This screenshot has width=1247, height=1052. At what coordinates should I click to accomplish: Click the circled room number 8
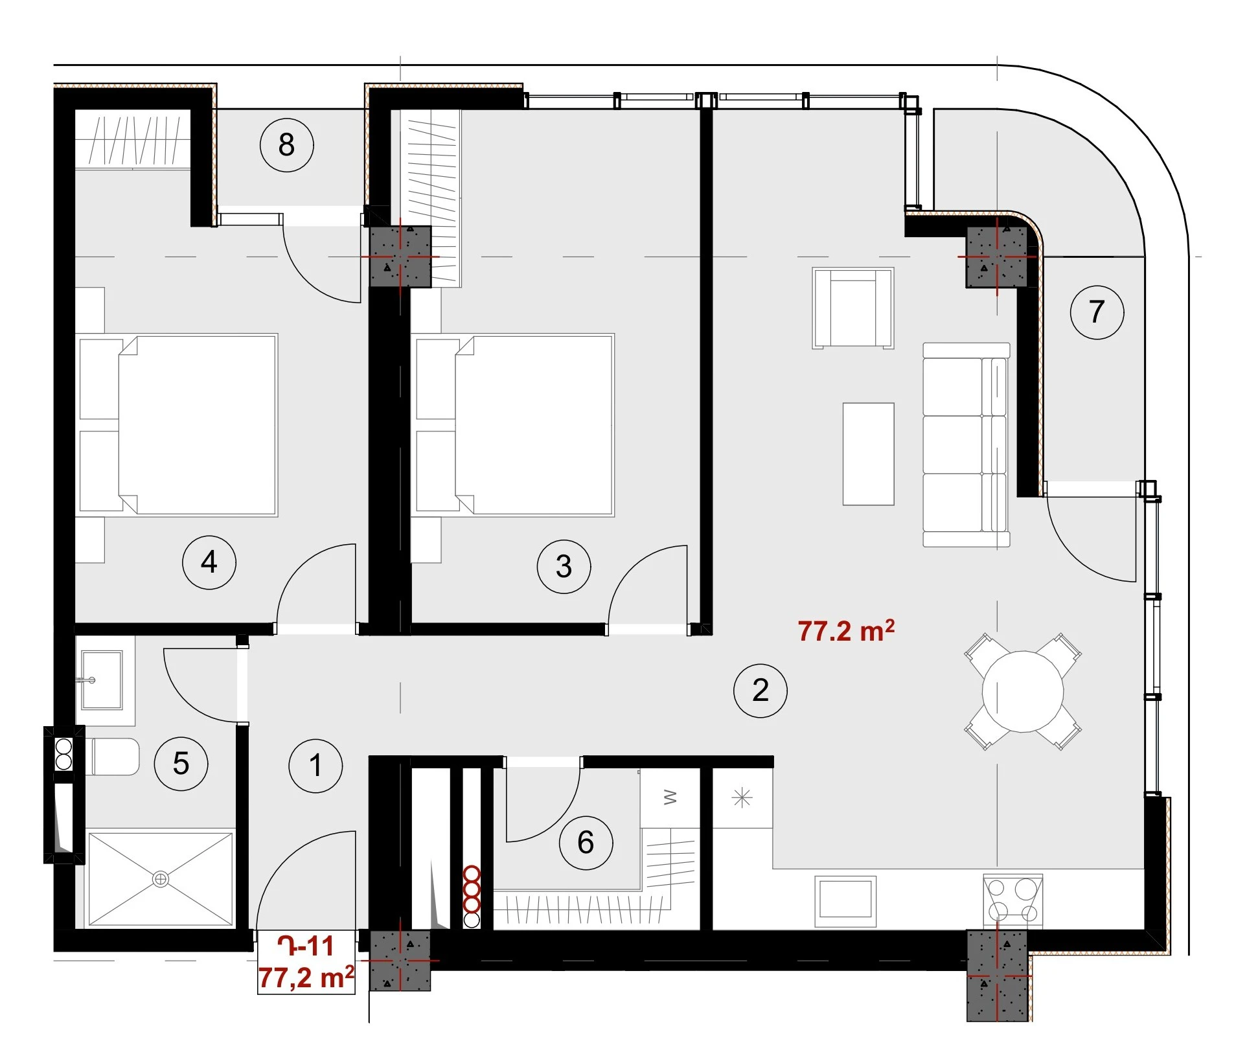[287, 144]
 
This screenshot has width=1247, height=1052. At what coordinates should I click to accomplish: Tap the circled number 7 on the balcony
[1097, 312]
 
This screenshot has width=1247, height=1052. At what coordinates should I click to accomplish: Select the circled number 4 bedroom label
[209, 562]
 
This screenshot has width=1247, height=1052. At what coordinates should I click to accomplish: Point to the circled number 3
[564, 566]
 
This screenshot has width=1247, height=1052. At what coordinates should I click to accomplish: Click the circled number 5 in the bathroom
[181, 763]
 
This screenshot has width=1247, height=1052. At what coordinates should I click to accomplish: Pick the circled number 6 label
[586, 842]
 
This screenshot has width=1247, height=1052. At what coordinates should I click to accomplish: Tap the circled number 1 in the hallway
[315, 766]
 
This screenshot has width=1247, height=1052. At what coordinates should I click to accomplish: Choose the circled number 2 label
[761, 691]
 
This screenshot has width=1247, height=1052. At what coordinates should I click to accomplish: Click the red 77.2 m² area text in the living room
[846, 630]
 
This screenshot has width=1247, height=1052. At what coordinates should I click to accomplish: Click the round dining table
[1023, 691]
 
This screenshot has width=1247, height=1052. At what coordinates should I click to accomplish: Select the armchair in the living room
[853, 308]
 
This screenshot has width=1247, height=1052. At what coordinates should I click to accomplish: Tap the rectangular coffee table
[868, 454]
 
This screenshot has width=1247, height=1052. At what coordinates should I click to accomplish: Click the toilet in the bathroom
[112, 757]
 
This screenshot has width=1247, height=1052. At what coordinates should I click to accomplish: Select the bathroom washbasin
[102, 680]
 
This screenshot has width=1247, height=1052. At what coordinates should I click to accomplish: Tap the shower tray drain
[161, 879]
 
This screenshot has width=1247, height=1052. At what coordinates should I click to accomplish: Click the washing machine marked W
[670, 797]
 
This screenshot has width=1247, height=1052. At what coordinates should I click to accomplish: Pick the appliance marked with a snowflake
[742, 797]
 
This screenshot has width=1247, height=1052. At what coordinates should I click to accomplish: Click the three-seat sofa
[966, 445]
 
